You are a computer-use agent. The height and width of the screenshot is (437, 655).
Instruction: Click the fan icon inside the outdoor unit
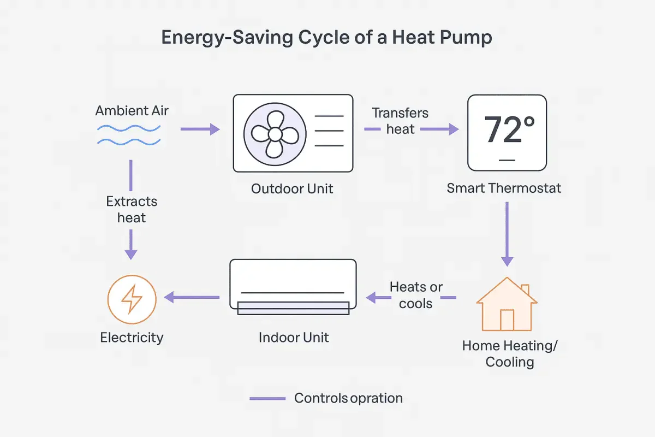point(275,134)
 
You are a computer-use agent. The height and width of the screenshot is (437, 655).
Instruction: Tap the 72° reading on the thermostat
point(509,129)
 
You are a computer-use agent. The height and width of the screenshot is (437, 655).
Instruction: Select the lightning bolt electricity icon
point(132,299)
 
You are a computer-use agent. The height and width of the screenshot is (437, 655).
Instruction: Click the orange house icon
point(507,304)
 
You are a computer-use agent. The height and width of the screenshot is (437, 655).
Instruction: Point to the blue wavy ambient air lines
point(129,135)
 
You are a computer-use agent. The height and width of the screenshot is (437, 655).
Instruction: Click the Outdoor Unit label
point(292,189)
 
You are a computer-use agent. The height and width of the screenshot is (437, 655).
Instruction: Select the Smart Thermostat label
point(504,188)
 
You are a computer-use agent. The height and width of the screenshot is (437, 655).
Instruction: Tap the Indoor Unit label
point(294,338)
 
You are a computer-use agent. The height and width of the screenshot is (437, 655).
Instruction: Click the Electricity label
point(132,338)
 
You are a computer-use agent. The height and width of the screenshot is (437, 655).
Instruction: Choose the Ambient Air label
point(132,111)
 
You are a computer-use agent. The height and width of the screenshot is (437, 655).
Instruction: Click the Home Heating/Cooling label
point(510,354)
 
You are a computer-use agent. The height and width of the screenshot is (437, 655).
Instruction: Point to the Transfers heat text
point(400,121)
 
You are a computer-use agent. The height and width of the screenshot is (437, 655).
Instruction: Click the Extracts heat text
point(132,210)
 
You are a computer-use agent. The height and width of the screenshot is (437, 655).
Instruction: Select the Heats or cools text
point(416,295)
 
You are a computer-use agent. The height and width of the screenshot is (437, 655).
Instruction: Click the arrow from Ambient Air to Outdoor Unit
point(200,129)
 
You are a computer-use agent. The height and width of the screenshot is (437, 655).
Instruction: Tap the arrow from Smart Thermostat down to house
point(507,234)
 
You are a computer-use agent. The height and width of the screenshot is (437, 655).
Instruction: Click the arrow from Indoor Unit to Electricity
point(192,297)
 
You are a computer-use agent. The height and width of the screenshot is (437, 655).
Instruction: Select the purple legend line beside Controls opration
point(267,399)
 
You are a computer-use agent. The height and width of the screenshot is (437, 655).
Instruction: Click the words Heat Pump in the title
point(442,38)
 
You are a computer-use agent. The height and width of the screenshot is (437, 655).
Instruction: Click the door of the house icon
point(507,320)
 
